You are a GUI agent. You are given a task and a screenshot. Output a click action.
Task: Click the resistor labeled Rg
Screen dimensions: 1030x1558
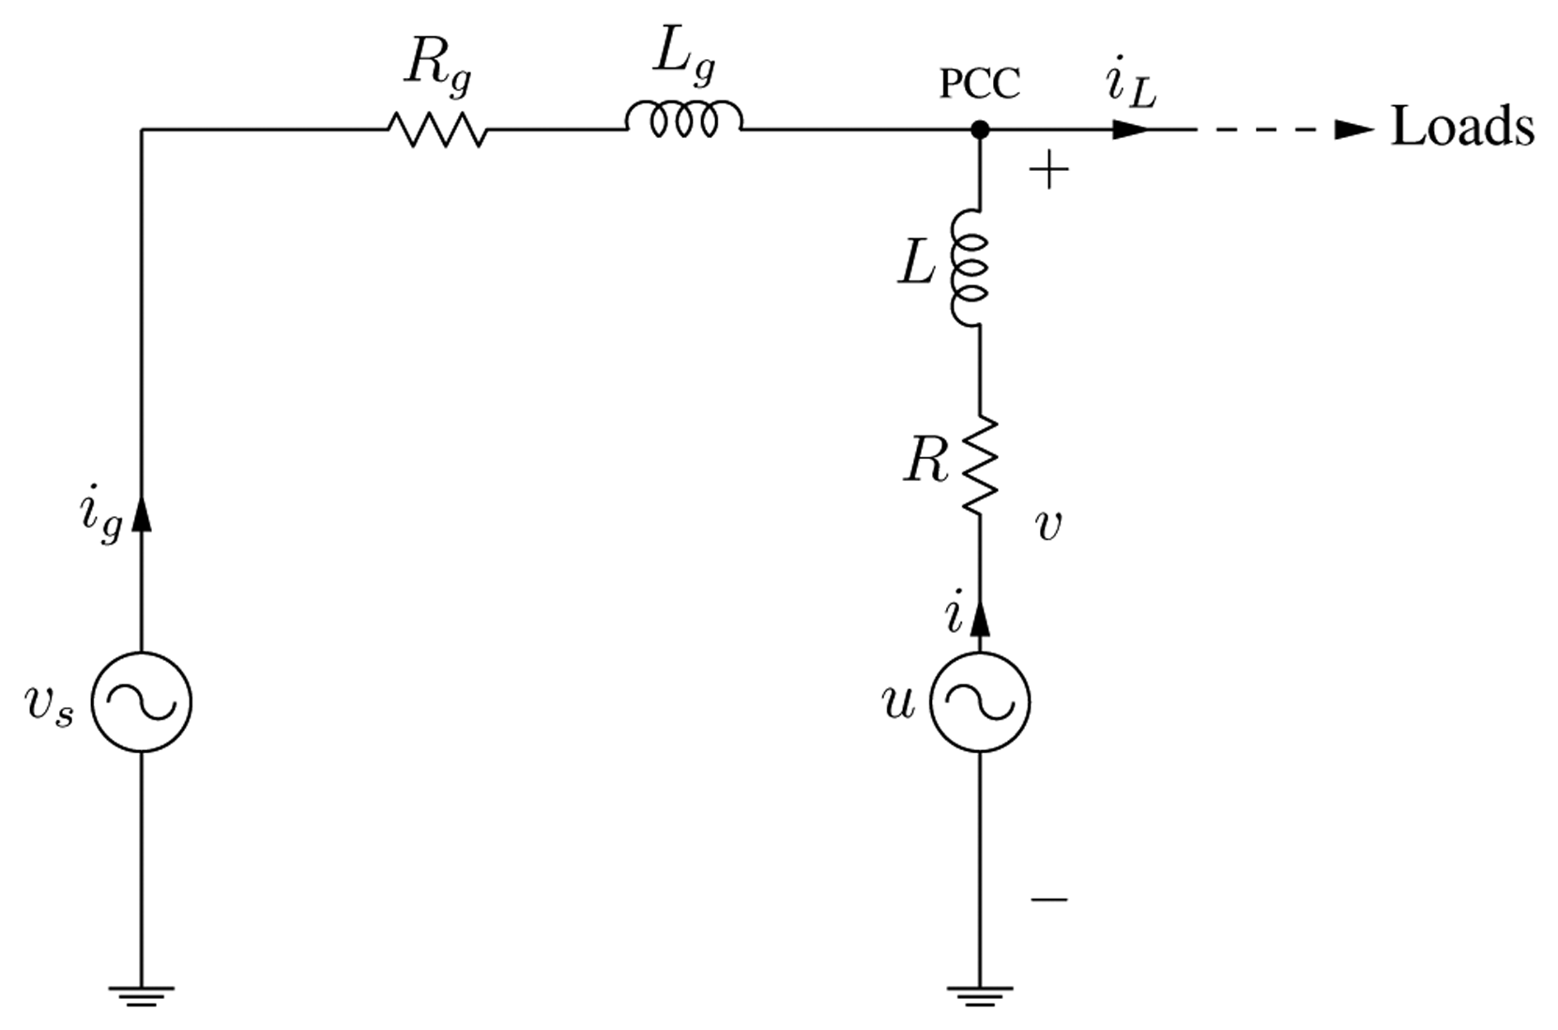(436, 130)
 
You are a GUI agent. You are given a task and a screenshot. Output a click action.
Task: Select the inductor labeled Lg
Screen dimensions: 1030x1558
(683, 119)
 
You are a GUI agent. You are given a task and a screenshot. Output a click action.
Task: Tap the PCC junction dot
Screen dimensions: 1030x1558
(979, 130)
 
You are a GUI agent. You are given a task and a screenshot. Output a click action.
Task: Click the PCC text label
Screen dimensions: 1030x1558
(979, 85)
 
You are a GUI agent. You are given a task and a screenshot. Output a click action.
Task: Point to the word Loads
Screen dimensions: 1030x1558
(1461, 127)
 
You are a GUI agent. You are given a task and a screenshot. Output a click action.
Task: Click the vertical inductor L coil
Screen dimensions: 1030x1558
(971, 269)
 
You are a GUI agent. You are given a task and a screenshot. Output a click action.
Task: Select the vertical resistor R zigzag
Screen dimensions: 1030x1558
(980, 465)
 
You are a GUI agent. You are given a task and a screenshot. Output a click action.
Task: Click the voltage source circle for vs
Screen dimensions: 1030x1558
(142, 701)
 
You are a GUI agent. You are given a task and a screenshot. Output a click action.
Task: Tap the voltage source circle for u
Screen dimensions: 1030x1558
(980, 701)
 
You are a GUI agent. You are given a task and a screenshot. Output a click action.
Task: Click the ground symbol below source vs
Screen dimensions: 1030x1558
(142, 994)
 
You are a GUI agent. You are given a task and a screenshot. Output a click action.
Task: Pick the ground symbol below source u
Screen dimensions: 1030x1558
(980, 994)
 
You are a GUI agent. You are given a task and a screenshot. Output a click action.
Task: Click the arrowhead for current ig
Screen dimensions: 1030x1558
(142, 514)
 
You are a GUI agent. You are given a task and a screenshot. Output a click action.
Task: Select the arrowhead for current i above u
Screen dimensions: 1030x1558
(980, 618)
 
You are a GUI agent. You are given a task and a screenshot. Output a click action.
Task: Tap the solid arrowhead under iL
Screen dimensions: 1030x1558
(1129, 130)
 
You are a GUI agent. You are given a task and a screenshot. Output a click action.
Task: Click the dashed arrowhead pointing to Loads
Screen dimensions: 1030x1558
(1354, 130)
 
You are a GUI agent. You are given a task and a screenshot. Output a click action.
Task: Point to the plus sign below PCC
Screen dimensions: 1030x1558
(1049, 171)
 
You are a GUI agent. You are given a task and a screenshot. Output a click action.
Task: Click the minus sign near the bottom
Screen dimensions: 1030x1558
(1048, 899)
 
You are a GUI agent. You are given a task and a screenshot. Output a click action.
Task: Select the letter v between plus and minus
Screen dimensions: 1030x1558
(1047, 527)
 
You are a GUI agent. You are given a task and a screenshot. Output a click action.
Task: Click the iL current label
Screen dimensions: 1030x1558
(1130, 86)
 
